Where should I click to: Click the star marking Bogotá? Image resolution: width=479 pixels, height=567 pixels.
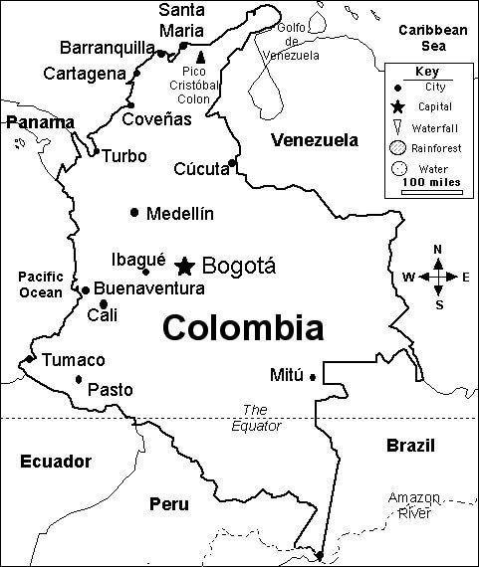(184, 266)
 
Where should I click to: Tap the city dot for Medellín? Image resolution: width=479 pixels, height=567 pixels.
(134, 212)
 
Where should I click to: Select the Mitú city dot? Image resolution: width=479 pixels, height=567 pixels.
(312, 376)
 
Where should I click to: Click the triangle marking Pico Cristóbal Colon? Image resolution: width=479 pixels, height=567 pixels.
(200, 57)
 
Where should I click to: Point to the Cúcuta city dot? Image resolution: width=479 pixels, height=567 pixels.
(232, 163)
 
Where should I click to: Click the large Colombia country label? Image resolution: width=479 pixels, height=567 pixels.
(242, 327)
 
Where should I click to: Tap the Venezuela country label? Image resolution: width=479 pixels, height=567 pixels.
(314, 140)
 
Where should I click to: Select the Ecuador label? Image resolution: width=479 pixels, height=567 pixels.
(55, 462)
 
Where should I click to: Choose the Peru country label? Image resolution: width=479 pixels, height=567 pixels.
(168, 504)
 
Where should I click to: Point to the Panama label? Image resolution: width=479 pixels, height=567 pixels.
(39, 122)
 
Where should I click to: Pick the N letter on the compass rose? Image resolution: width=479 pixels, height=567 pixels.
(438, 250)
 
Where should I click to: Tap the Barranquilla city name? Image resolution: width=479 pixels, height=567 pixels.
(107, 48)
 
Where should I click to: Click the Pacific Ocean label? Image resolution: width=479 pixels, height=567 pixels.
(40, 284)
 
